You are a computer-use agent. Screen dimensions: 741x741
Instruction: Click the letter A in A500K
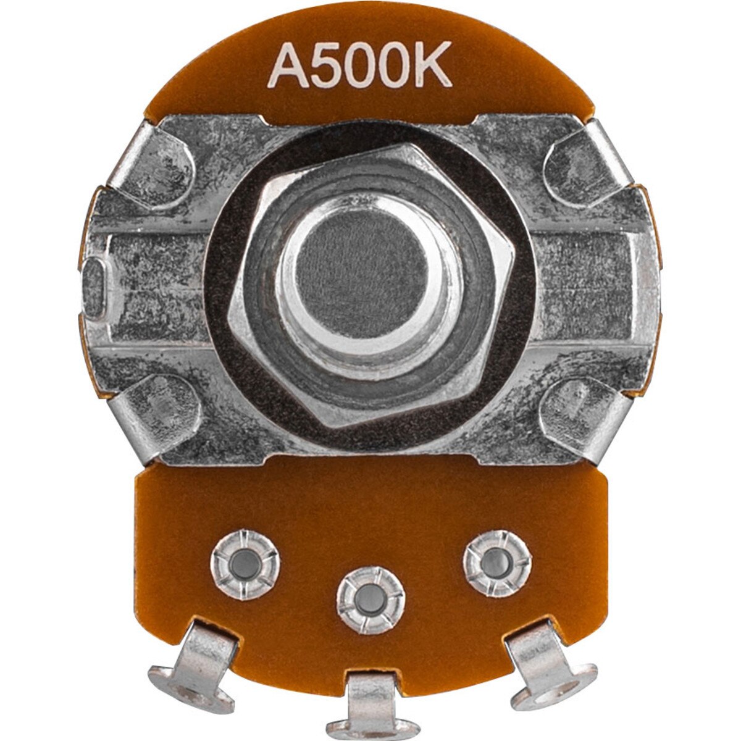click(x=286, y=67)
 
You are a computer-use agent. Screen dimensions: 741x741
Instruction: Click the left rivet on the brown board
click(x=245, y=562)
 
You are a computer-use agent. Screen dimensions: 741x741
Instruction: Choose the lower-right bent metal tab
click(x=577, y=411)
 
